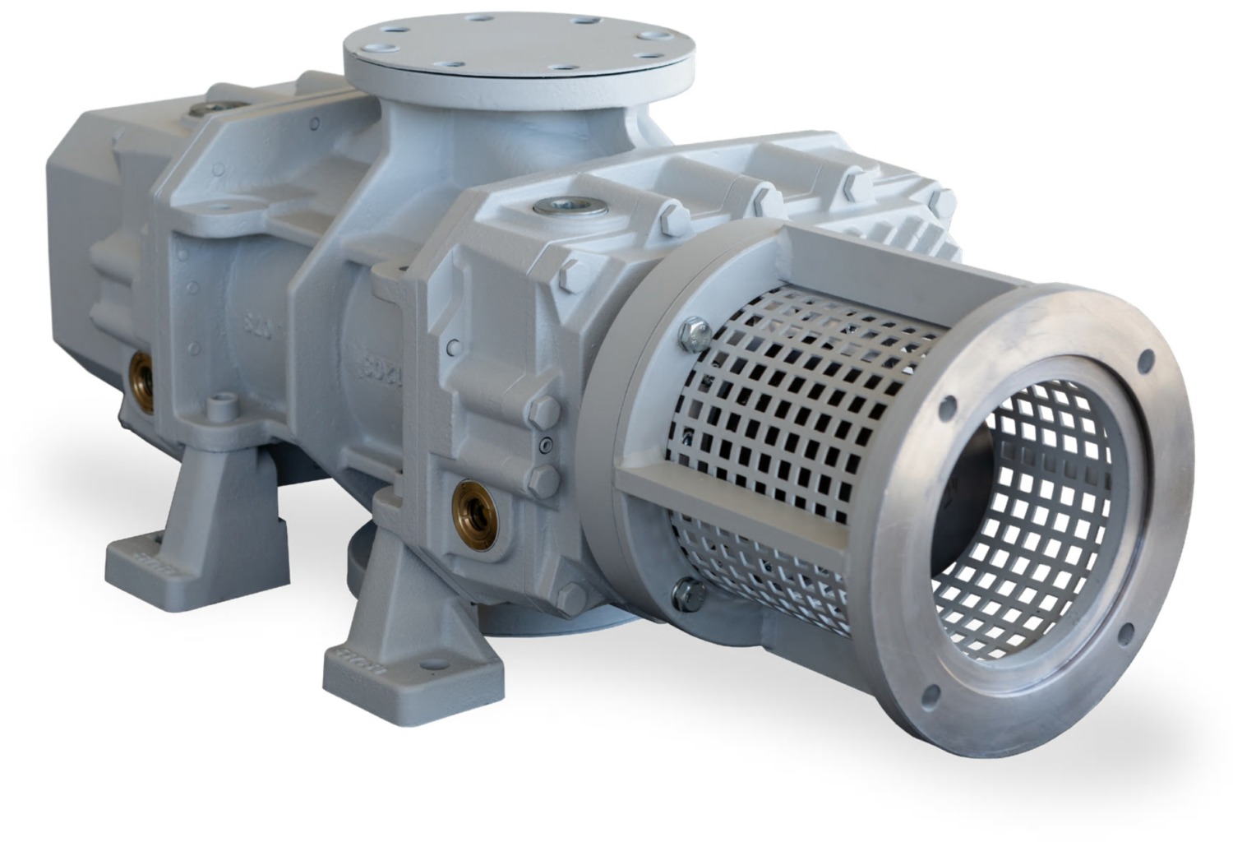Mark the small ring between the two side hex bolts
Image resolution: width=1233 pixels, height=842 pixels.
tap(544, 445)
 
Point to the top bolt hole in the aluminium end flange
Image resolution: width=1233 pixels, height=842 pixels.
tap(1142, 360)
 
